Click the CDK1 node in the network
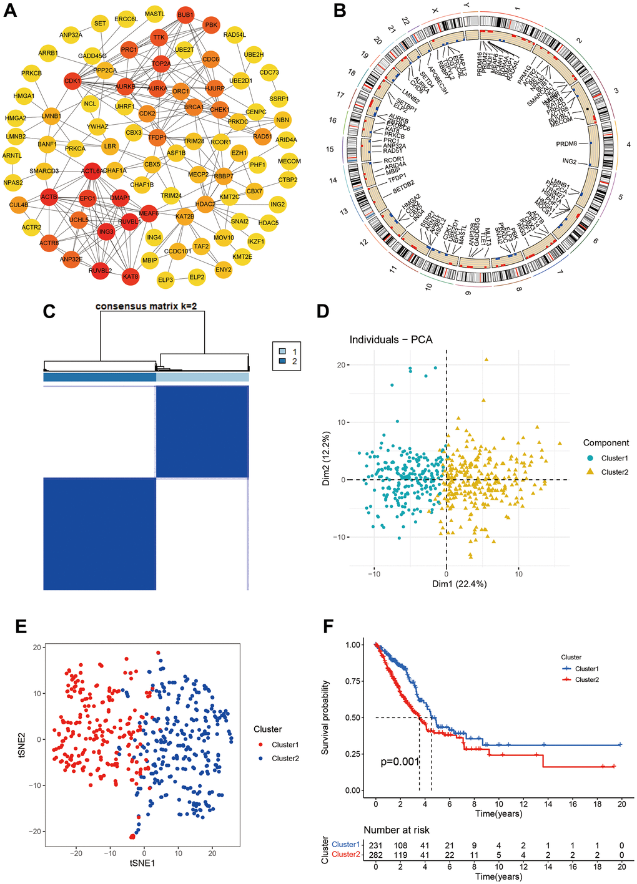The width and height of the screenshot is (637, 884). click(72, 81)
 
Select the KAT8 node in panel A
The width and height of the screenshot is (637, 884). click(131, 276)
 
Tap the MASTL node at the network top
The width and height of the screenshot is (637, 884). click(155, 14)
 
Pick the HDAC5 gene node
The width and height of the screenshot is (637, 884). click(269, 223)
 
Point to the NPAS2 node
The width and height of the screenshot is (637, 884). click(13, 183)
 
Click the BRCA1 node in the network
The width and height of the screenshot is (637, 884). click(194, 107)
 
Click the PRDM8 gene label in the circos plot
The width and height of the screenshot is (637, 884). click(566, 144)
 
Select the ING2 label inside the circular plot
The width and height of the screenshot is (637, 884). click(569, 162)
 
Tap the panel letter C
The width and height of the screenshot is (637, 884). click(50, 311)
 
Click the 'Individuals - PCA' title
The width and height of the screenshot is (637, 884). click(391, 340)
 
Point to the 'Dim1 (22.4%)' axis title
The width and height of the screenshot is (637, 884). click(459, 584)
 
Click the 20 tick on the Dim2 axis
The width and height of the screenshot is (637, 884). click(340, 365)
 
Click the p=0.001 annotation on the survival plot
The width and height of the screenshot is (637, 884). click(400, 762)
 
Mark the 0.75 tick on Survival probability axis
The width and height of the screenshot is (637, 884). click(352, 681)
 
